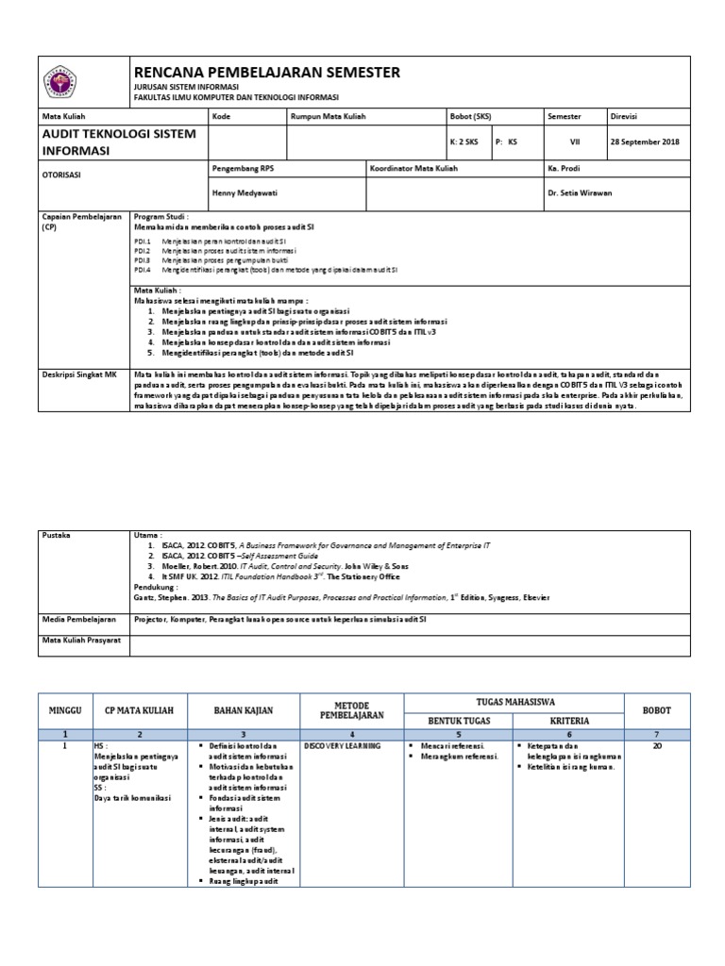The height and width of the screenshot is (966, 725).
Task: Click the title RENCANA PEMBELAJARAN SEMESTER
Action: click(268, 73)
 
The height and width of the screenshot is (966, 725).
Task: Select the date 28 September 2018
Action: click(646, 142)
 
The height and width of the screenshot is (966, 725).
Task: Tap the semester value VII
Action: click(574, 142)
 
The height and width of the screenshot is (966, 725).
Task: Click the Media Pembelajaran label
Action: click(79, 619)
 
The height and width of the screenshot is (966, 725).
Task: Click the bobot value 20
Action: click(657, 744)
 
